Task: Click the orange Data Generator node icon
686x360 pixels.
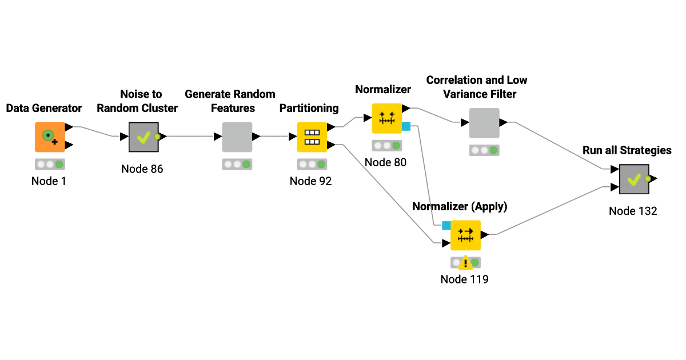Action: (x=50, y=137)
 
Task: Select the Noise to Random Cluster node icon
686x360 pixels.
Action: (x=143, y=137)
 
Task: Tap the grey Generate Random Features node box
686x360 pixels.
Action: (x=237, y=137)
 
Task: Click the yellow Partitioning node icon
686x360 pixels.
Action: (x=312, y=137)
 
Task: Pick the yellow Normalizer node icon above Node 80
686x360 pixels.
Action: (x=387, y=118)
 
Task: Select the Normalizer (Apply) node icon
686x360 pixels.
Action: (x=465, y=235)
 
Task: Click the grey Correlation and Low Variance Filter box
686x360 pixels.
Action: (x=484, y=123)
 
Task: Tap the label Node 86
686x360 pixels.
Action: (x=142, y=169)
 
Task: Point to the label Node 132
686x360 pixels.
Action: (x=633, y=211)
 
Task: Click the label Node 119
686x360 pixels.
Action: (x=464, y=279)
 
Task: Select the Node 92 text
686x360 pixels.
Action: (x=310, y=181)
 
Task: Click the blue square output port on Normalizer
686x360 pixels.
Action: (x=406, y=126)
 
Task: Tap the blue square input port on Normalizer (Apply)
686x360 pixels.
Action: (x=446, y=225)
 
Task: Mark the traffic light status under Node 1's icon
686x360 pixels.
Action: (x=50, y=164)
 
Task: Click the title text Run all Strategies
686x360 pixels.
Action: (x=627, y=150)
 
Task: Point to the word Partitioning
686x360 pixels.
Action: (x=309, y=108)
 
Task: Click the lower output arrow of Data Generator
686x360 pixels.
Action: (x=69, y=145)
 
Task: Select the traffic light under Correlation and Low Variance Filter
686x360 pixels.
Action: (x=484, y=150)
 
